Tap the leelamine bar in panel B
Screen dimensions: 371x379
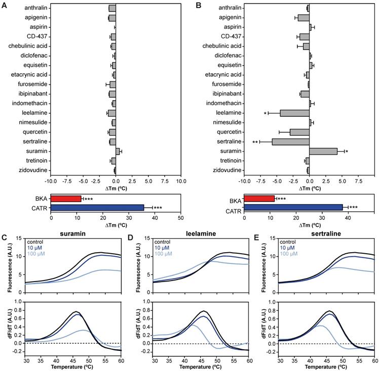(x=294, y=113)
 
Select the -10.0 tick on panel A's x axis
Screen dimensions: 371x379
(x=50, y=180)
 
